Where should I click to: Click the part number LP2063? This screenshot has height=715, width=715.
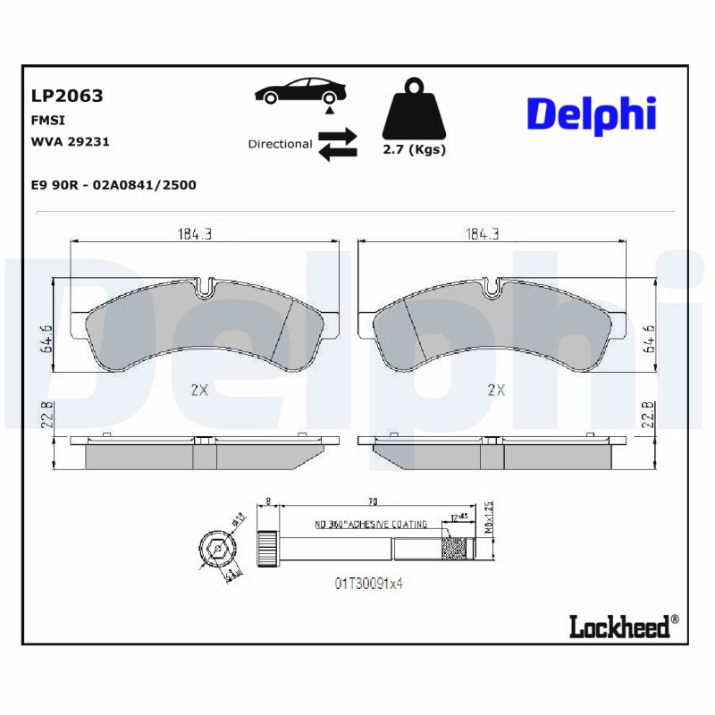(67, 96)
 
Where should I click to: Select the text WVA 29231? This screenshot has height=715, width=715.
(70, 141)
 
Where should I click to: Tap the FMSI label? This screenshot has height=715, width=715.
(48, 119)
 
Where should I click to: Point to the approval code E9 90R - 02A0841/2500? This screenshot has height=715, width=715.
(114, 185)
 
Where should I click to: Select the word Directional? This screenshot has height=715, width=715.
(280, 144)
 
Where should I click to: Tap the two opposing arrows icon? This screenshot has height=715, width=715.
(337, 144)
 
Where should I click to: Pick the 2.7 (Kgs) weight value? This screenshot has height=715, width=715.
(414, 149)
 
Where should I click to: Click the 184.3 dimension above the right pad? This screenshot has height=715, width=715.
(482, 234)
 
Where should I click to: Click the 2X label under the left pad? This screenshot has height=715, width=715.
(198, 389)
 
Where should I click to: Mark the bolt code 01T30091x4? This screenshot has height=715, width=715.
(369, 583)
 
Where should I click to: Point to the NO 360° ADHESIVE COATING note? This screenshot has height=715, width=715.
(370, 525)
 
